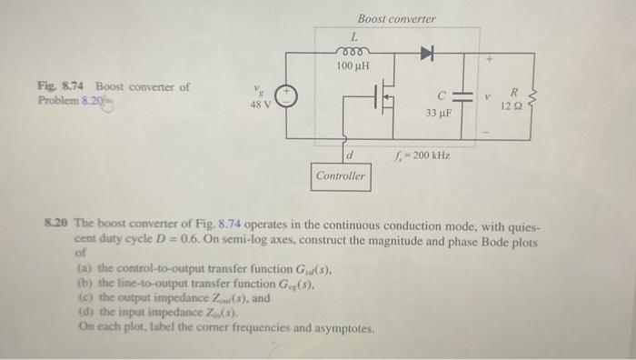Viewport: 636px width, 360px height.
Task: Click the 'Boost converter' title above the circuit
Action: pos(396,18)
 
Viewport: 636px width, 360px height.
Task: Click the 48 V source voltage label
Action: pos(262,104)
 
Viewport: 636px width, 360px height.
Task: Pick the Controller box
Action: pos(342,175)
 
